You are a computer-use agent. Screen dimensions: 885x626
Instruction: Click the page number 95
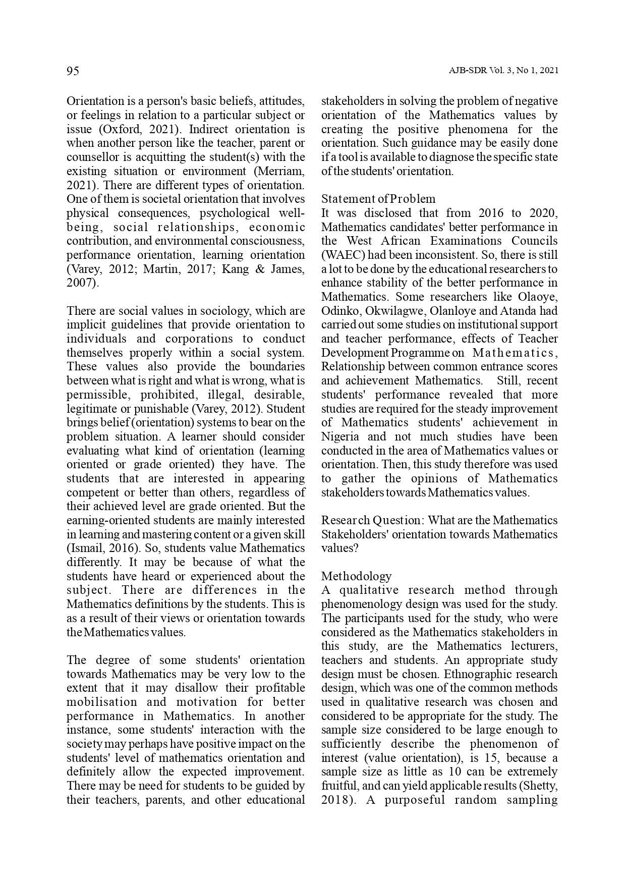[73, 71]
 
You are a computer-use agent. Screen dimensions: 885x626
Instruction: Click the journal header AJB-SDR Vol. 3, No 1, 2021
[503, 71]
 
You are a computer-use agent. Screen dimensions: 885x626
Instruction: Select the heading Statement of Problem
[378, 199]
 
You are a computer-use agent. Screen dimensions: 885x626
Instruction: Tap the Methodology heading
[356, 576]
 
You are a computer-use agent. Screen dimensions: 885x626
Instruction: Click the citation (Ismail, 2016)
[99, 548]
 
